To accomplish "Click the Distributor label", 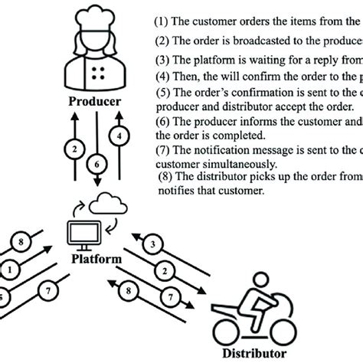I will (x=255, y=353).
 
